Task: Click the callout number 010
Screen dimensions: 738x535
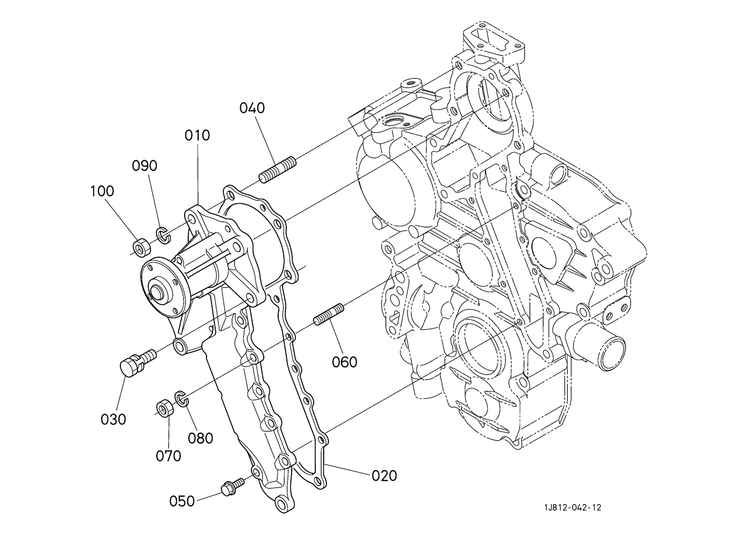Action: [197, 136]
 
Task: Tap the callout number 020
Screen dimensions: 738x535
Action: [384, 476]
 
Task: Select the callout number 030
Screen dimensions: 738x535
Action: [113, 420]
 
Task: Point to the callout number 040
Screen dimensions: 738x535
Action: [252, 108]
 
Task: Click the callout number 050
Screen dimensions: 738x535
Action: [182, 501]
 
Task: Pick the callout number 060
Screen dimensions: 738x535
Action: [345, 362]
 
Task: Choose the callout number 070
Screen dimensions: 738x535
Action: [169, 456]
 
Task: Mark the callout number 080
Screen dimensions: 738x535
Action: [200, 438]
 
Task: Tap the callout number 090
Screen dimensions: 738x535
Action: [144, 166]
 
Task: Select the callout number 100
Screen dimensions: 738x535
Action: [102, 191]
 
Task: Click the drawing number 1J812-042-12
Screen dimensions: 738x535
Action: [573, 508]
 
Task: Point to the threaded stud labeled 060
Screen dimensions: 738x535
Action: [328, 314]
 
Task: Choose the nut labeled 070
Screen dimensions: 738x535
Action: [165, 408]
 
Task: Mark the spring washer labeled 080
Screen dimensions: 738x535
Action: [181, 398]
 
